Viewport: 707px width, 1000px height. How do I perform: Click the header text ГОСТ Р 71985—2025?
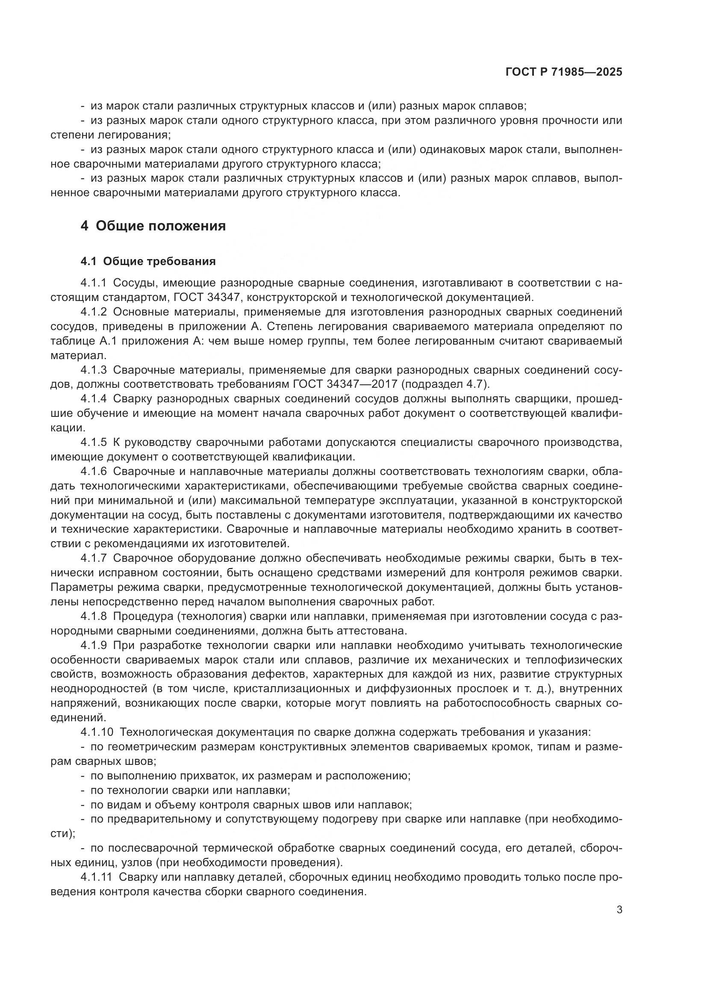(x=563, y=72)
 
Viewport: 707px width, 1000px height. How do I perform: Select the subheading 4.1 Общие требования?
(x=148, y=261)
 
